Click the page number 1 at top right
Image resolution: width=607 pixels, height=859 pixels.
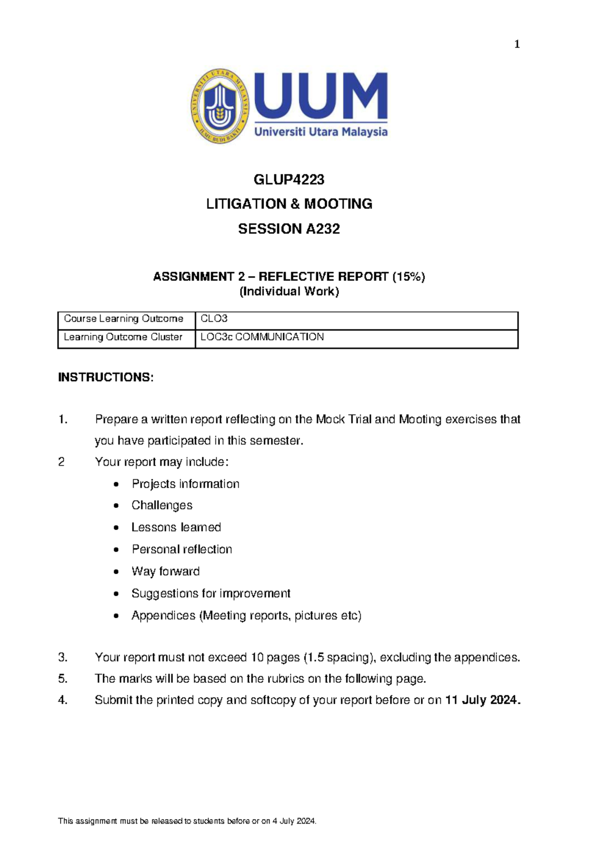coord(516,45)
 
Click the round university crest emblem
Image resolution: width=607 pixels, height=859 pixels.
coord(220,106)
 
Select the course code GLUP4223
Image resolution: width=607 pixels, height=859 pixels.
coord(289,180)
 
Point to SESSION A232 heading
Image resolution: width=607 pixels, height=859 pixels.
coord(289,229)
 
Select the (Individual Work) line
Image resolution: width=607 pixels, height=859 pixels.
coord(289,291)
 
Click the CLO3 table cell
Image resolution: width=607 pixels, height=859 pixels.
coord(214,319)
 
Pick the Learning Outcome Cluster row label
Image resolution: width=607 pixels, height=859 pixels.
coord(123,337)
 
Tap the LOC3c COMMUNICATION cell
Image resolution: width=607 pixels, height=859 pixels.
coord(262,337)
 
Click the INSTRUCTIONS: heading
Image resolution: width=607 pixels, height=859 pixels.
coord(106,377)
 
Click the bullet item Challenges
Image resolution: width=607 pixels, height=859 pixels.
coord(162,505)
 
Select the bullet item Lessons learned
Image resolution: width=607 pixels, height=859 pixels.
coord(176,527)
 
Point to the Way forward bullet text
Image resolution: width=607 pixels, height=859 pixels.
coord(165,571)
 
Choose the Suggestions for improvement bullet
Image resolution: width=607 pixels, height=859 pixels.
coord(211,593)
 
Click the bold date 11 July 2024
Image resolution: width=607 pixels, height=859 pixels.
coord(482,700)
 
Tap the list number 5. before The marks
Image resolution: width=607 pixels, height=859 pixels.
coord(63,679)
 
